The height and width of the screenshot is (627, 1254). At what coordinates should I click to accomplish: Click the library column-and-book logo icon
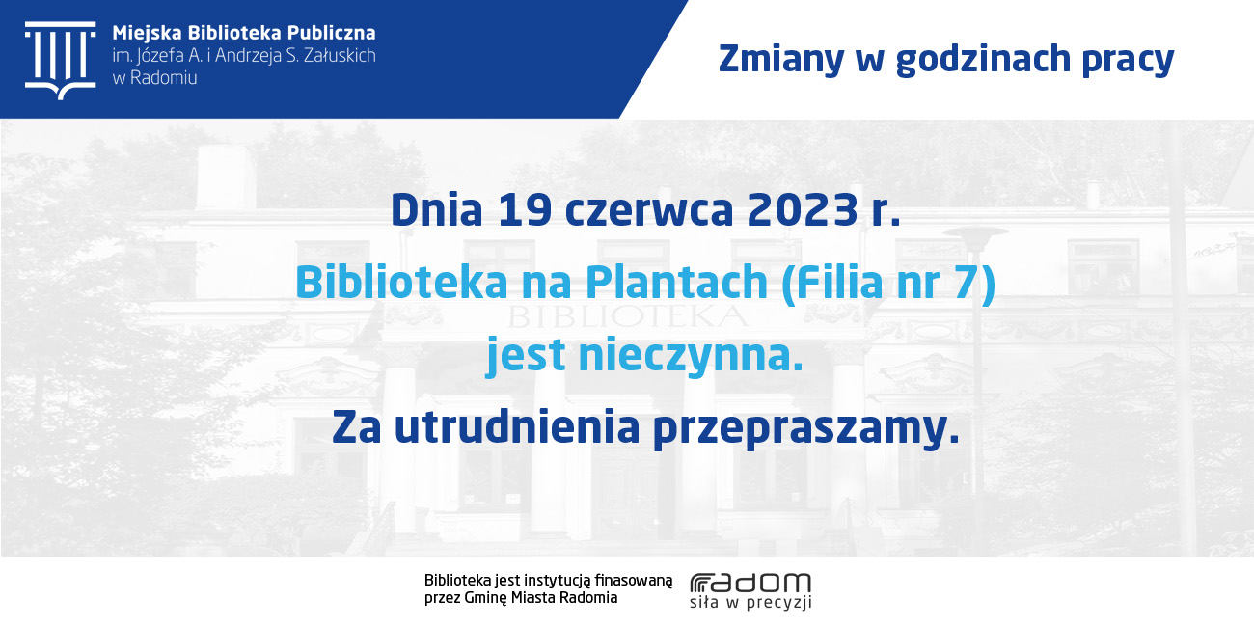point(61,61)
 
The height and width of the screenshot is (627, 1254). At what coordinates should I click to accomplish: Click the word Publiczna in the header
point(332,33)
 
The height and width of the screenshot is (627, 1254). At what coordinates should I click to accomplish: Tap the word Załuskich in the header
point(341,55)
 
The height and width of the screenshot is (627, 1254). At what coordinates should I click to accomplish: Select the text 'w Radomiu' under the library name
point(154,78)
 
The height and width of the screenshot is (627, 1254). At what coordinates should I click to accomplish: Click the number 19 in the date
point(525,210)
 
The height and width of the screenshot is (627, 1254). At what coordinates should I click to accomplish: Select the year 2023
point(803,210)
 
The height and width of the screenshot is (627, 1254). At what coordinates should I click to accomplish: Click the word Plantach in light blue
point(676,282)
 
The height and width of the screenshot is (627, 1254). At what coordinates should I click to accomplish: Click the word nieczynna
point(691,355)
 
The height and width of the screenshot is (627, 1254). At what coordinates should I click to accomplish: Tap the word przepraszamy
point(805,429)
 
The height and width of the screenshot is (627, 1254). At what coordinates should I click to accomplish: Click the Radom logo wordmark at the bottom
point(750,583)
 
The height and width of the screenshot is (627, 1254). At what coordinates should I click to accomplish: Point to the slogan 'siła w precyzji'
point(750,602)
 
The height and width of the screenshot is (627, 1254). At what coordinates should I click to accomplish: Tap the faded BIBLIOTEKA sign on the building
point(627,316)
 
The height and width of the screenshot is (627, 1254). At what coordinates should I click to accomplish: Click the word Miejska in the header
point(147,34)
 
